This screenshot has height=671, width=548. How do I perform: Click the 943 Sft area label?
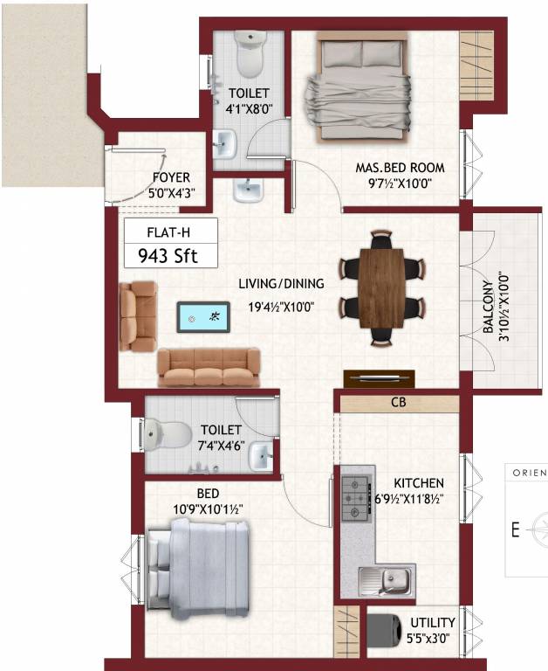point(169,256)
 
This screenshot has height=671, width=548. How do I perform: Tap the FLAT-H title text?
point(168,232)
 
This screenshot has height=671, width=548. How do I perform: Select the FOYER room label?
point(171,177)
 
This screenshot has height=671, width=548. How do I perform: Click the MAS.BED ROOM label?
point(400,167)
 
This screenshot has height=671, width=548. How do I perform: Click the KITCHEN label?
point(418,482)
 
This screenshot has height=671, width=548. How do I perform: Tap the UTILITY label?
point(432,622)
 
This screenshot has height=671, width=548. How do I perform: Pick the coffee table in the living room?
point(203,318)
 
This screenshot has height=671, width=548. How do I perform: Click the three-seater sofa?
point(209,367)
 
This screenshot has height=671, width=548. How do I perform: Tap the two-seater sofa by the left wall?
point(138,315)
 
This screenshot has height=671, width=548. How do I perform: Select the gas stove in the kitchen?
point(355,499)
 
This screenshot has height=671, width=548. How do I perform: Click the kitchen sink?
point(386,578)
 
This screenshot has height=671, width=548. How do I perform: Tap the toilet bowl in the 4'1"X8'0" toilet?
point(250,54)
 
